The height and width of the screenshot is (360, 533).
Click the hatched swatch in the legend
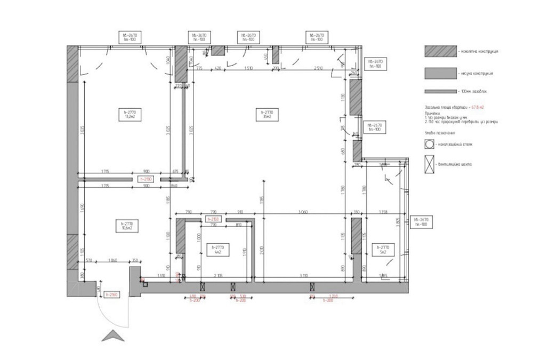point(440,51)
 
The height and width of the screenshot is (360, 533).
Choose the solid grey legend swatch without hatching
point(440,73)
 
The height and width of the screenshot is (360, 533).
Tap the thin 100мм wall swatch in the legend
point(440,92)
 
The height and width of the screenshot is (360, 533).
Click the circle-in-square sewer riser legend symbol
point(429,144)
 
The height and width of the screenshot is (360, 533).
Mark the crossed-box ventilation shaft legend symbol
point(429,163)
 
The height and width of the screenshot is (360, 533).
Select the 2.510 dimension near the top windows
point(319,69)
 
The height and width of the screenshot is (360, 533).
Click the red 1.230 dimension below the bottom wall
point(334,295)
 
